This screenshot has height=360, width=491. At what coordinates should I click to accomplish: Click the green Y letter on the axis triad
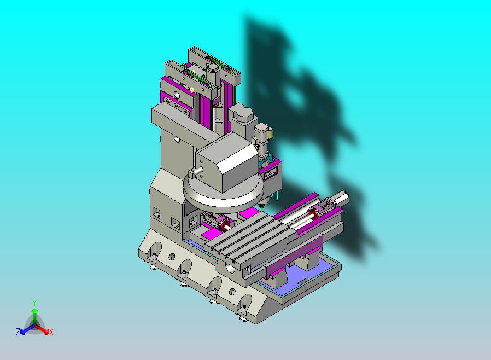coord(34,303)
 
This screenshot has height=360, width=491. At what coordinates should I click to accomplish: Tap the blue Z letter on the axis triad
coord(18,332)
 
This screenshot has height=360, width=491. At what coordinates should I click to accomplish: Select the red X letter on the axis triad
coord(51,332)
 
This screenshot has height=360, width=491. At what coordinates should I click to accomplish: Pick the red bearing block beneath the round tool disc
coord(224,225)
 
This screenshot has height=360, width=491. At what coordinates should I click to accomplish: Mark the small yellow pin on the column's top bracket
coord(192,89)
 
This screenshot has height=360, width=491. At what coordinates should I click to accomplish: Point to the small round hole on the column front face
coord(177,140)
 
